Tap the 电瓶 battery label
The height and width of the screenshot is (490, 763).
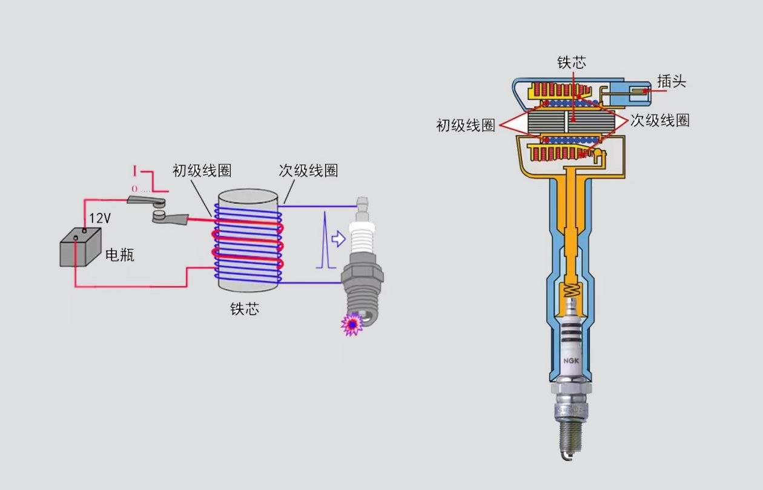[120, 255]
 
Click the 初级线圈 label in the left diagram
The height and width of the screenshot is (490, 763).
[202, 170]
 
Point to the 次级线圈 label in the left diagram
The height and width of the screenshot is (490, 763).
[308, 170]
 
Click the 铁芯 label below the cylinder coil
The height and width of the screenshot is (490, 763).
[244, 309]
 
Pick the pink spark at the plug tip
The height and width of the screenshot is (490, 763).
[352, 324]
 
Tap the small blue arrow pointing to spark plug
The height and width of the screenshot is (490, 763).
[339, 240]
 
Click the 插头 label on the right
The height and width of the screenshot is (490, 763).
[672, 82]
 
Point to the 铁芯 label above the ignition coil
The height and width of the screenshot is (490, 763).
[572, 62]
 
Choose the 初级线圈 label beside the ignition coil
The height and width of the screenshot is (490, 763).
[466, 125]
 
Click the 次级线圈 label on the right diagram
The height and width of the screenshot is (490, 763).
[660, 120]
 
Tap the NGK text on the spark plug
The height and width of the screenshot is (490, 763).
[572, 361]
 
